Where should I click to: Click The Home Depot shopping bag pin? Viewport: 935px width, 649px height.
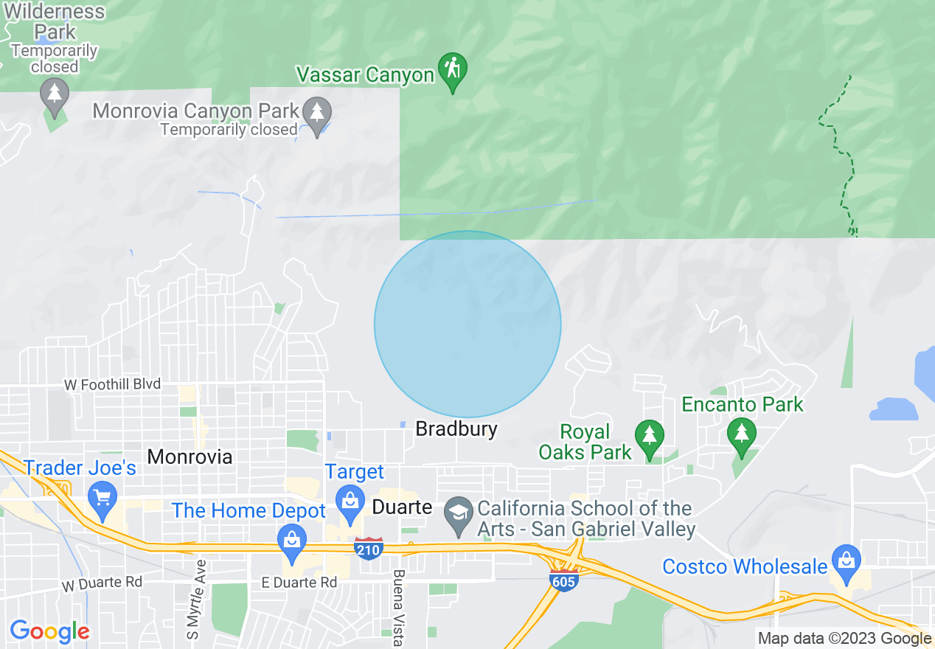[293, 539]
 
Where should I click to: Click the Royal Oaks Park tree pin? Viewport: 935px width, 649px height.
[649, 437]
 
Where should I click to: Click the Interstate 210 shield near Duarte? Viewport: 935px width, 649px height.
[368, 548]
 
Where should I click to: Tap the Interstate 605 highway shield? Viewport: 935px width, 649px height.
[563, 578]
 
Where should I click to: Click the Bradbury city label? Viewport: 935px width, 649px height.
[456, 428]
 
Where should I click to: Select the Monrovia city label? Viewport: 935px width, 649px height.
[190, 457]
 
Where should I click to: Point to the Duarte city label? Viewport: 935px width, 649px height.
[402, 507]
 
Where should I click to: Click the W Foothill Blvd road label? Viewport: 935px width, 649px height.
[112, 384]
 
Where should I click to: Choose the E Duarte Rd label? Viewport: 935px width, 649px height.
[299, 582]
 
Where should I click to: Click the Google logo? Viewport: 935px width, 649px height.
[49, 631]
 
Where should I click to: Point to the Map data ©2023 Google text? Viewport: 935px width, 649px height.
[845, 639]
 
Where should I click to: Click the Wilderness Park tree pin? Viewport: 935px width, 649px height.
[55, 94]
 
